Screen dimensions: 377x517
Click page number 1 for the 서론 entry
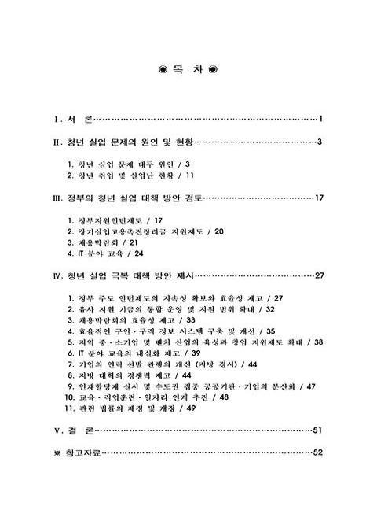click(322, 120)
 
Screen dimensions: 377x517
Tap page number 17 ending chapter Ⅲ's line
click(319, 198)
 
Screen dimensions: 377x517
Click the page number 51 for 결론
click(319, 430)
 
